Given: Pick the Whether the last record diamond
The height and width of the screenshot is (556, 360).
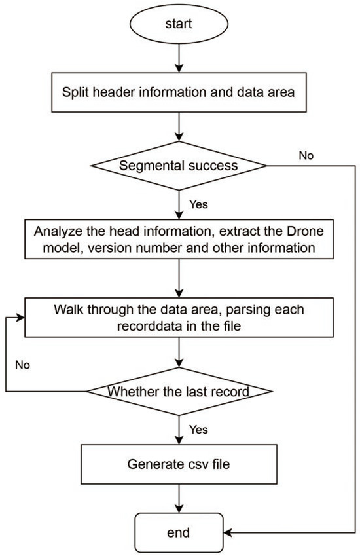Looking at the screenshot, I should pyautogui.click(x=179, y=392).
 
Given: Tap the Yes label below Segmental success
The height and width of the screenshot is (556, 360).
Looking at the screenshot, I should pyautogui.click(x=198, y=205).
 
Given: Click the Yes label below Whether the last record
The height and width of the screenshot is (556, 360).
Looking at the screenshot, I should pyautogui.click(x=199, y=429).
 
